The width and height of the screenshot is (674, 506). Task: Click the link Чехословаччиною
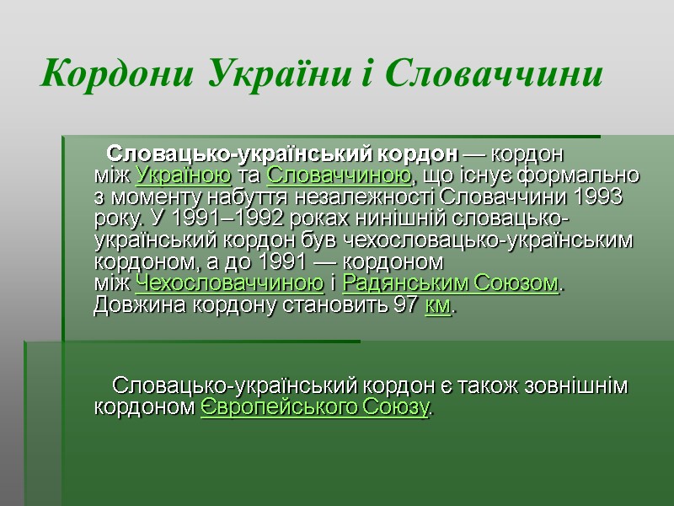tap(229, 283)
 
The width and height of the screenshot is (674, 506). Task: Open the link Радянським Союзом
tap(451, 283)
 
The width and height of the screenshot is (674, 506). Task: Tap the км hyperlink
tap(438, 304)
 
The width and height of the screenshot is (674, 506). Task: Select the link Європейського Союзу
tap(315, 408)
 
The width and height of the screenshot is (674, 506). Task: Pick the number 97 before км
tap(404, 304)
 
